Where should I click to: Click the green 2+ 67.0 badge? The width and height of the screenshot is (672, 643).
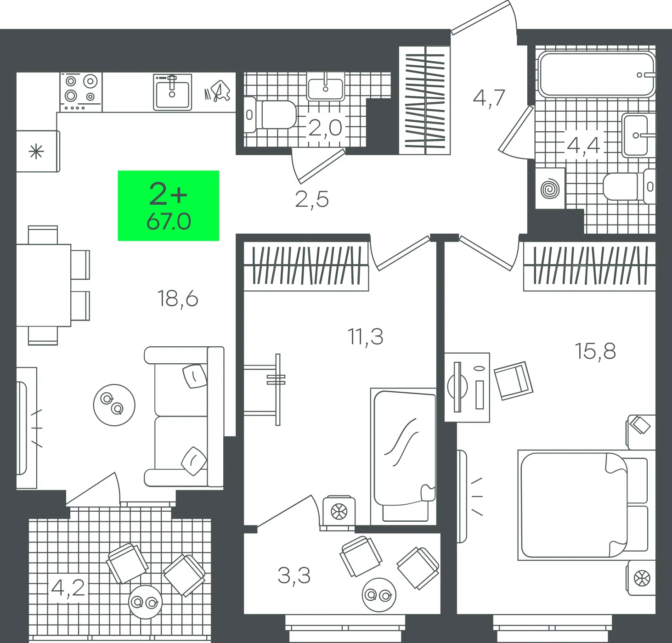[x=169, y=205]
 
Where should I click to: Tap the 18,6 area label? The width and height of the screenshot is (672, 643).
[x=178, y=299]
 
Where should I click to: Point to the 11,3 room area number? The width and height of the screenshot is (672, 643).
[x=365, y=337]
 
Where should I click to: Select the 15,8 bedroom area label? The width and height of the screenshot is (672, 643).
[x=595, y=351]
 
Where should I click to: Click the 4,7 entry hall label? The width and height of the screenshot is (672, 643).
[x=489, y=99]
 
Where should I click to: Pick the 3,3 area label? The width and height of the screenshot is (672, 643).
[x=294, y=575]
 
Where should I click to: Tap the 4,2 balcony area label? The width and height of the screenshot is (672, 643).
[x=68, y=588]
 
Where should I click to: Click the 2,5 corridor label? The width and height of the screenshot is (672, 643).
[x=312, y=200]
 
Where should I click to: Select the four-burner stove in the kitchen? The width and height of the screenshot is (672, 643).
[x=81, y=92]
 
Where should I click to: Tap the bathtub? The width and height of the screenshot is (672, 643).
[x=597, y=74]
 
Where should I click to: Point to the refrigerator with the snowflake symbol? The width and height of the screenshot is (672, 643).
[x=38, y=151]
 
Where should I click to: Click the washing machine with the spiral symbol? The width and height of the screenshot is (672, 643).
[x=550, y=188]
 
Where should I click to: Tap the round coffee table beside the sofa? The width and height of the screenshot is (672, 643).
[x=114, y=405]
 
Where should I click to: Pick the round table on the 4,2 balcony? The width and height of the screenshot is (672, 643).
[x=146, y=602]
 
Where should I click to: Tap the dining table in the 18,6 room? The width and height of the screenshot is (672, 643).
[x=44, y=285]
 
